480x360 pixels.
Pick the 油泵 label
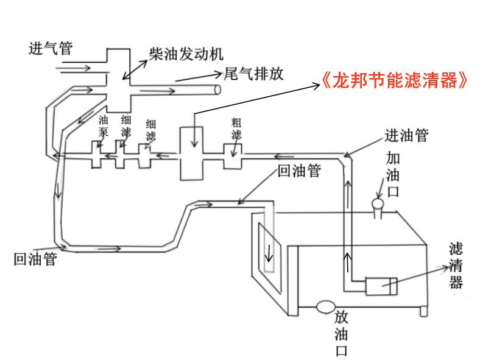coord(104,125)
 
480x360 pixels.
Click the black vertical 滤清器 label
coord(456,265)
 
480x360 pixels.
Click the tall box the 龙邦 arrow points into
coord(195,154)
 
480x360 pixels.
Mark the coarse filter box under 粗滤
coord(233,157)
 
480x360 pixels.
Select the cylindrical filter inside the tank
coord(381,286)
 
